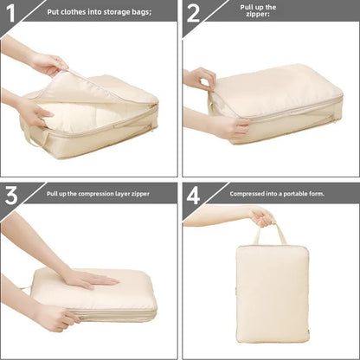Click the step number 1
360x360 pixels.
11,13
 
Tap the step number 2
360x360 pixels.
193,13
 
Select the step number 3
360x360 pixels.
11,194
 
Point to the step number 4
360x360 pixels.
193,195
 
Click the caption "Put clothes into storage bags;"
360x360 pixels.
99,12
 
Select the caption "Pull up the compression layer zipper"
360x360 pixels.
99,194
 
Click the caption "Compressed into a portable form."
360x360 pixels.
277,194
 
